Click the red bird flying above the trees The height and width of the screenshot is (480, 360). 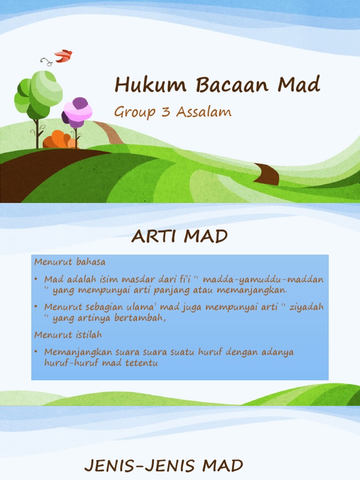[x=63, y=56]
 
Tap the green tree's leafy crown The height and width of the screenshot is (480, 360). [x=40, y=92]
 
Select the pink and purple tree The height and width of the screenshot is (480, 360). [x=77, y=113]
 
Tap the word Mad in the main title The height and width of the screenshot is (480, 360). [x=299, y=85]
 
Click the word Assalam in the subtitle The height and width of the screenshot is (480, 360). [x=203, y=112]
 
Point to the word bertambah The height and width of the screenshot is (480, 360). [x=143, y=318]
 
